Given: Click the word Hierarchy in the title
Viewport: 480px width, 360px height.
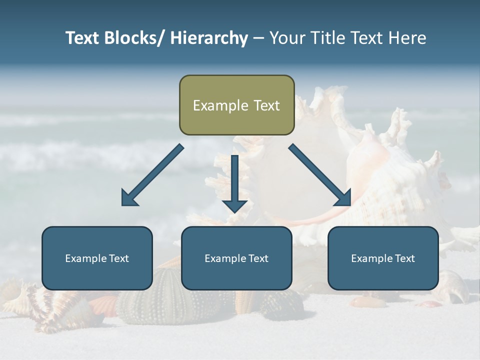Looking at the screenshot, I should [209, 38].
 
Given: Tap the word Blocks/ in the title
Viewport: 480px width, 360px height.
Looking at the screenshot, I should [134, 38].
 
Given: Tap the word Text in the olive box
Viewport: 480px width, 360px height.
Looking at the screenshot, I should [266, 105].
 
